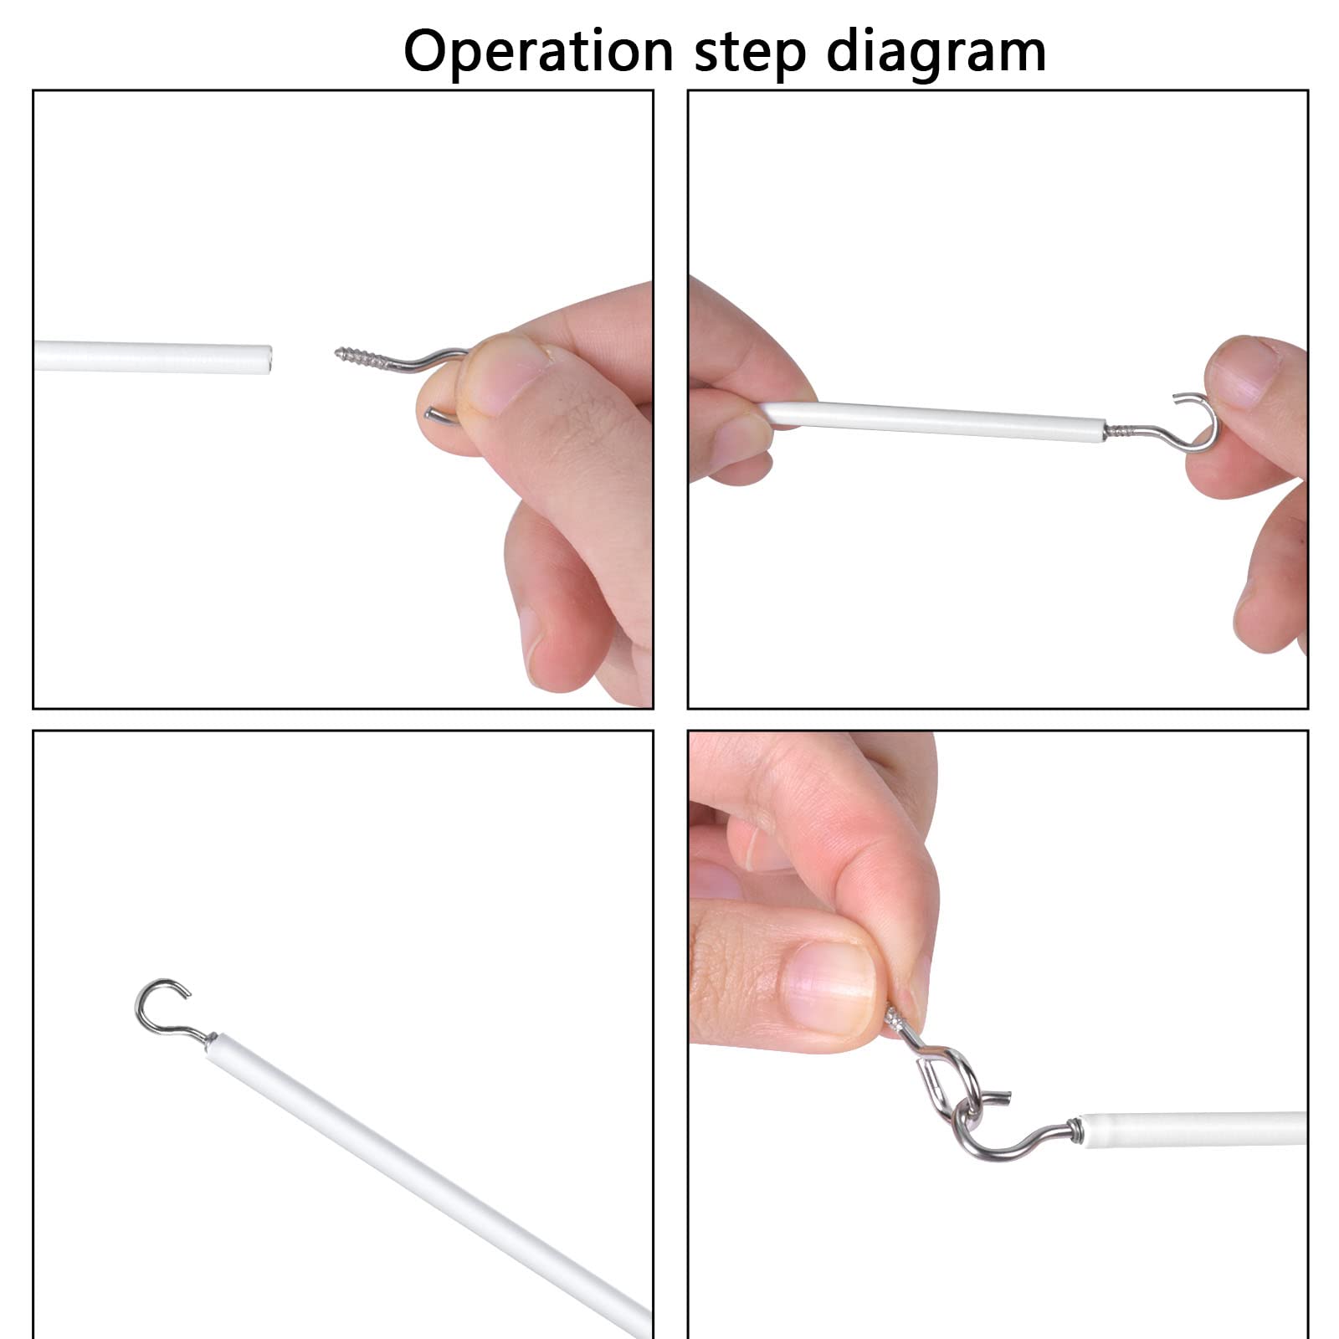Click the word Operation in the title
(x=538, y=52)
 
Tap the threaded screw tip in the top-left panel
(x=339, y=354)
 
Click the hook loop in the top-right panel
(x=1195, y=423)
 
